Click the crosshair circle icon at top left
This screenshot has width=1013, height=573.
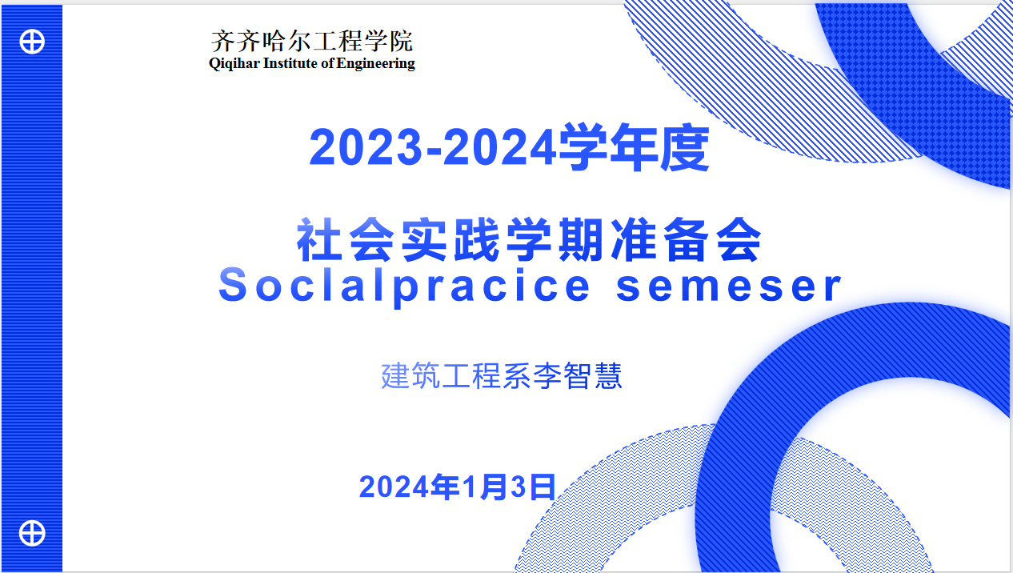coord(32,42)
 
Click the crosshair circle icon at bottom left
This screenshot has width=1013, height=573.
coord(32,533)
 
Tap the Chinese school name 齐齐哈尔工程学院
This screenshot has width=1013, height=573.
coord(312,41)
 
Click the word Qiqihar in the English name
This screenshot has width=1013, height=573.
coord(234,64)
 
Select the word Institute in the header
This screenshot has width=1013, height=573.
coord(291,63)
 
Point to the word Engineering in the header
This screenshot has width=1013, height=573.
coord(375,64)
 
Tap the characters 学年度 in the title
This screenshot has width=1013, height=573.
coord(634,147)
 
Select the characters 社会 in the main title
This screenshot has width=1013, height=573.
coord(345,240)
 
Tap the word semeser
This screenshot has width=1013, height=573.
coord(729,286)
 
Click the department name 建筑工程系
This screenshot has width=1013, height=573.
coord(456,376)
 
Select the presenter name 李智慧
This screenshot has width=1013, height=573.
coord(578,376)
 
